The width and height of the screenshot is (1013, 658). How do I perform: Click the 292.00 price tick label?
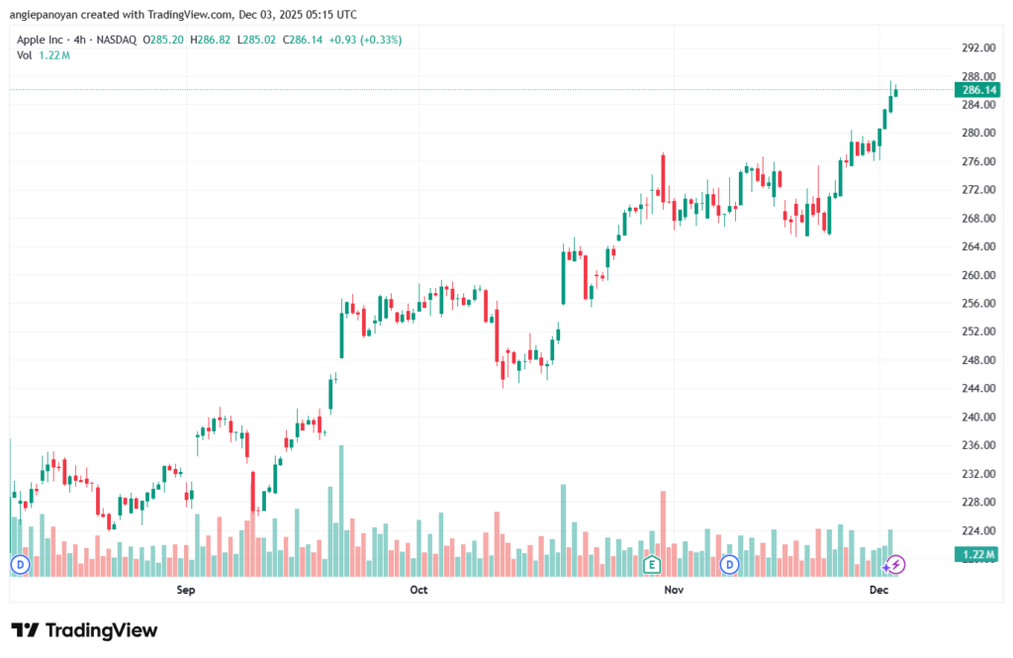click(x=976, y=47)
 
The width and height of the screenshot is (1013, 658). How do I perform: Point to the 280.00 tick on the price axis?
click(x=976, y=133)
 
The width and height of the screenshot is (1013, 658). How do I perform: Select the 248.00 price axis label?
click(x=976, y=360)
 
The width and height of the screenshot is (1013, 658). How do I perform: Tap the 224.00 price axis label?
click(x=976, y=530)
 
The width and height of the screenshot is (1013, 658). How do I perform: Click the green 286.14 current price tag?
click(x=977, y=90)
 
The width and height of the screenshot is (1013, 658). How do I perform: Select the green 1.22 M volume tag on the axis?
click(x=977, y=555)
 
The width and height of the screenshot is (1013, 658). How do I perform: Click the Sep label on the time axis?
click(x=185, y=591)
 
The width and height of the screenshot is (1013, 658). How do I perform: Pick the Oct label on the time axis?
click(x=418, y=591)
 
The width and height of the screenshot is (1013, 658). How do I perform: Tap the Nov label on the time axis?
click(x=673, y=591)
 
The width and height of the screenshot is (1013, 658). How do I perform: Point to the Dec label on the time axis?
click(x=878, y=591)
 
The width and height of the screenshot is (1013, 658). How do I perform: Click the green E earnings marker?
click(x=651, y=565)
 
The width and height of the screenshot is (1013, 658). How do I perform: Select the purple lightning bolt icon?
click(x=895, y=565)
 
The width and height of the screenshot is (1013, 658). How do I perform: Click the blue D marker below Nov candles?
click(x=730, y=565)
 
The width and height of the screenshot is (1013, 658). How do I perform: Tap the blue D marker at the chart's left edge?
click(x=19, y=565)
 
